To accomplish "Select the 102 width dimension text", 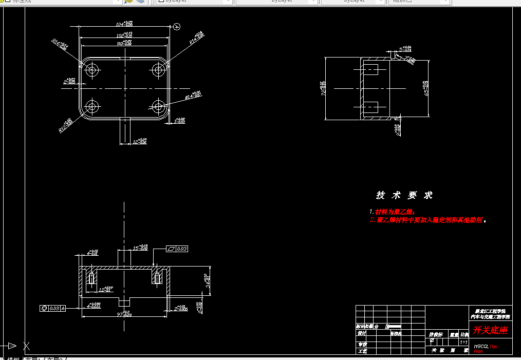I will pos(124,35).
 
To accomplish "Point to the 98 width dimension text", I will pos(123,44).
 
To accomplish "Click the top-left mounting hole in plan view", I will pos(92,70).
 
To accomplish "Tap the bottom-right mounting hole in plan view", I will pos(158,107).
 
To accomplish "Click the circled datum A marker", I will pos(177,26).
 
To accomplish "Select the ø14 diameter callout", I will pos(192,95).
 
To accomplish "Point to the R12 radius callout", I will pos(66,125).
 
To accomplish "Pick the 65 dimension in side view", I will pos(425,88).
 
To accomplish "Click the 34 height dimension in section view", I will pos(208,281).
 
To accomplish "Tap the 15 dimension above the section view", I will pos(140,248).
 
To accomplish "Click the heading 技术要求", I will pos(404,195).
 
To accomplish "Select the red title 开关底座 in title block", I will pos(490,330).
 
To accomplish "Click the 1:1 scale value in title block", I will pos(463,342).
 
